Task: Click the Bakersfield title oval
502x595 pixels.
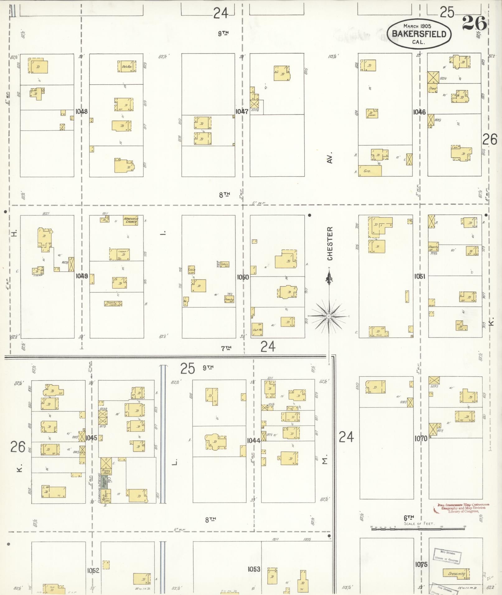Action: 419,34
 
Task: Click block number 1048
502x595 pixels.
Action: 82,111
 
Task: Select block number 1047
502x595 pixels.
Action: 242,111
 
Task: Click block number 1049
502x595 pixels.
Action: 82,276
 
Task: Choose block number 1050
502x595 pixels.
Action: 243,277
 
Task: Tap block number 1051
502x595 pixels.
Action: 420,276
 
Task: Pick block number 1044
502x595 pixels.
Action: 254,440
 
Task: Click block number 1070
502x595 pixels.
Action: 421,439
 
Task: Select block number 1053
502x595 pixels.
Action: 254,569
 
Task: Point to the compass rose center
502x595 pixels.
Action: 329,316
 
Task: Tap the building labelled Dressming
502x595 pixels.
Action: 456,574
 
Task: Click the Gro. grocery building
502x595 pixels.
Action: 370,171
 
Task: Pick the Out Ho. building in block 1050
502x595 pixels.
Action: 257,329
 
